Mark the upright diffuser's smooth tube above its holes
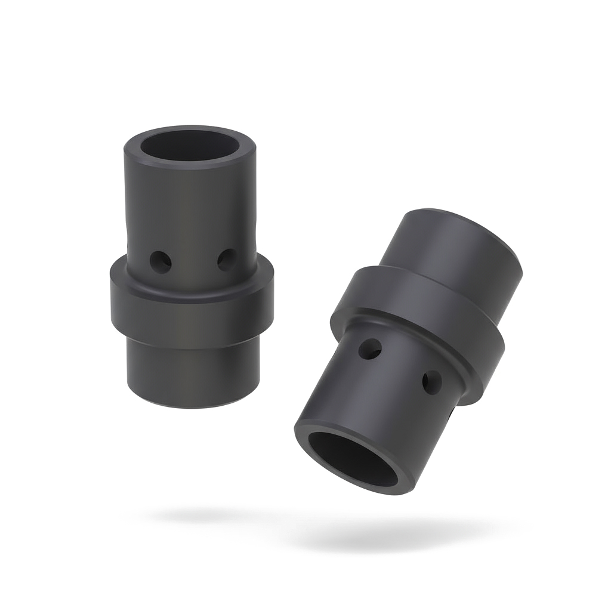coord(191,203)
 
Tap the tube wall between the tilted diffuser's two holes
coord(401,367)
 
